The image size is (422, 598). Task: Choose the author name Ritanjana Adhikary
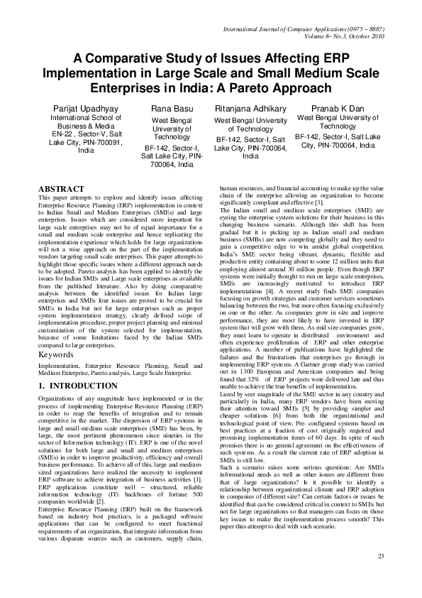click(250, 108)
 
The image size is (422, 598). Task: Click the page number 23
click(380, 575)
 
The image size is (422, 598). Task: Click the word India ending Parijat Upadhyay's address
click(87, 151)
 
